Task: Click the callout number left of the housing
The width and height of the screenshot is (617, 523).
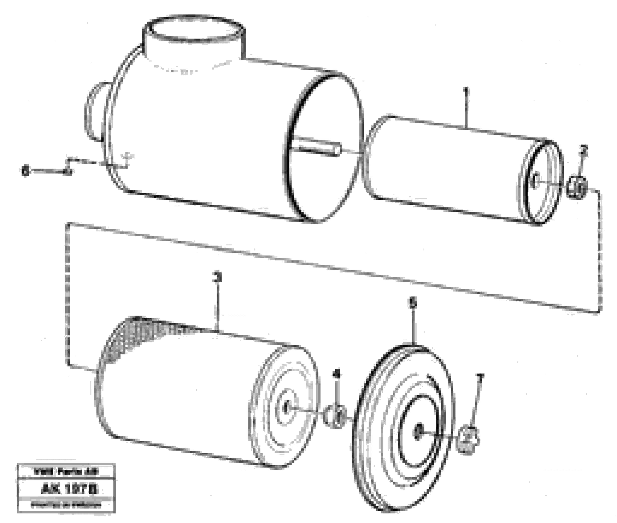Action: coord(26,171)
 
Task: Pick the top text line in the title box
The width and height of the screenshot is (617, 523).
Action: coord(66,471)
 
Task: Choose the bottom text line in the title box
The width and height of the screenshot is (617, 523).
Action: coord(66,505)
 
